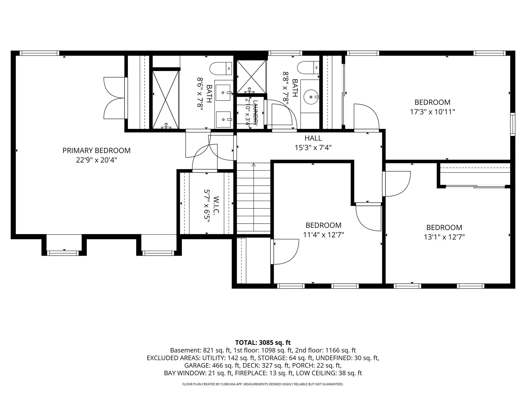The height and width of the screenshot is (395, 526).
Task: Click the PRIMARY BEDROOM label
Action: click(97, 150)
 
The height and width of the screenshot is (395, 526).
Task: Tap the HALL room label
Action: click(313, 138)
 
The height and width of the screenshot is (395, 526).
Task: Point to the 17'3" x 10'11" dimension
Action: click(433, 112)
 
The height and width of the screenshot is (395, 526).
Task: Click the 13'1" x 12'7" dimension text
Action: click(444, 237)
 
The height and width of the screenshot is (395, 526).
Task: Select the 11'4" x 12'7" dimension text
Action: click(324, 235)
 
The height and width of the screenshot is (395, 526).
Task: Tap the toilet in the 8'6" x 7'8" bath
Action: click(221, 68)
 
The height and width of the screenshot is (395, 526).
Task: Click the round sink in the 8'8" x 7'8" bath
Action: click(311, 97)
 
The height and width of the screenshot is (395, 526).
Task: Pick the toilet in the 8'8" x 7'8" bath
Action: click(308, 68)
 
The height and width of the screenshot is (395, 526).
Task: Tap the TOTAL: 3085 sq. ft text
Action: click(263, 343)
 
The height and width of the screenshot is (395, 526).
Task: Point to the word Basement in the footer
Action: click(185, 350)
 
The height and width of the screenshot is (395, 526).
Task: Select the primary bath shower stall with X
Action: click(166, 100)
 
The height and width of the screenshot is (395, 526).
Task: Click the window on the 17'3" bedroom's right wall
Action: click(513, 124)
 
